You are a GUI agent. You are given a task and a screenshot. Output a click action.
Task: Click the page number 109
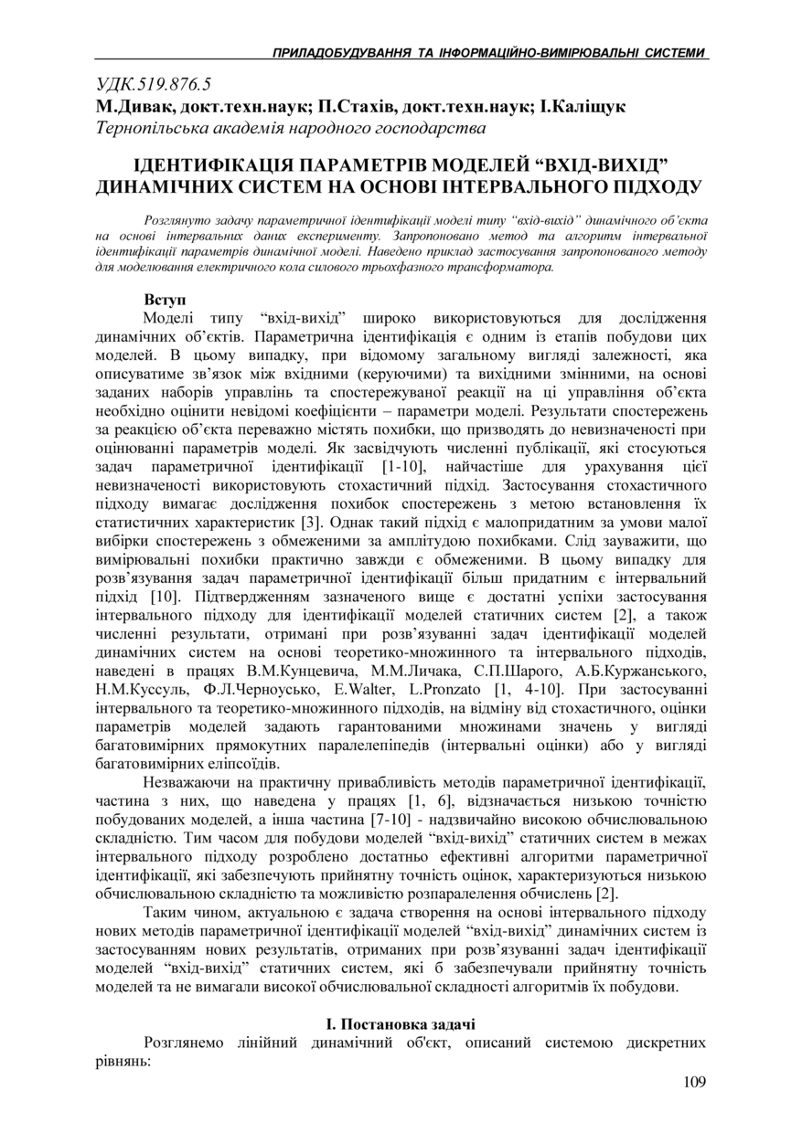tap(694, 1083)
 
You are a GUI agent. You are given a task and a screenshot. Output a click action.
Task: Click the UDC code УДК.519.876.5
tap(153, 85)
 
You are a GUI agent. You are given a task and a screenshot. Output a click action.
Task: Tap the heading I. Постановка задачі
tap(401, 1023)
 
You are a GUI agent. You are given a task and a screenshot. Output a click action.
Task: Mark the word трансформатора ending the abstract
tap(505, 269)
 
